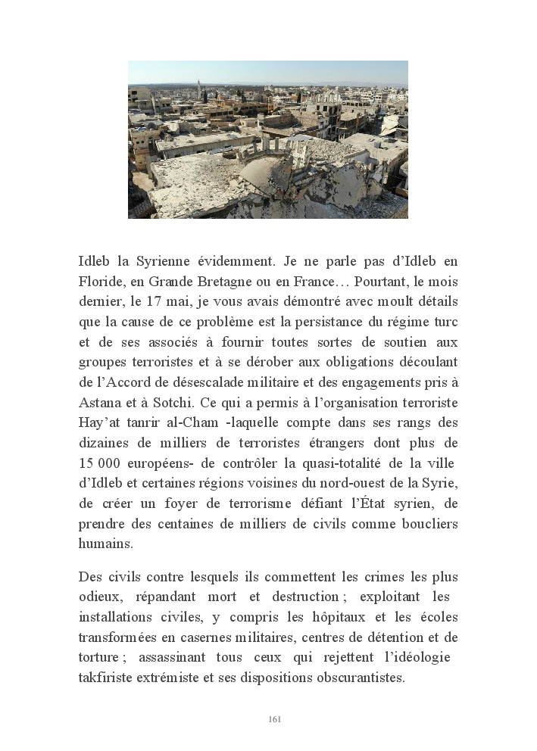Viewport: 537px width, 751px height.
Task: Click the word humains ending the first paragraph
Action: coord(105,543)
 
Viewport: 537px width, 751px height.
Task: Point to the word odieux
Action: coord(99,597)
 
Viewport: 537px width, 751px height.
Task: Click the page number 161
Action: coord(275,719)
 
